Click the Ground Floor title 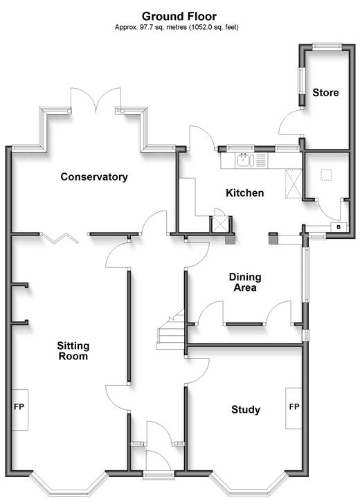pyautogui.click(x=179, y=16)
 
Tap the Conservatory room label pyautogui.click(x=94, y=177)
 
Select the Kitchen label pyautogui.click(x=245, y=193)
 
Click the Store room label pyautogui.click(x=325, y=93)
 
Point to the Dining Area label pyautogui.click(x=245, y=283)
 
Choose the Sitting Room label pyautogui.click(x=73, y=351)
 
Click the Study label pyautogui.click(x=246, y=409)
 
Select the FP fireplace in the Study pyautogui.click(x=294, y=408)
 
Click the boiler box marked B pyautogui.click(x=339, y=227)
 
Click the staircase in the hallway pyautogui.click(x=172, y=330)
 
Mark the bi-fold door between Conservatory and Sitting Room pyautogui.click(x=60, y=238)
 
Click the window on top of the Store pyautogui.click(x=327, y=47)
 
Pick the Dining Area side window pyautogui.click(x=306, y=274)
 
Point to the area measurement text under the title pyautogui.click(x=177, y=28)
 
